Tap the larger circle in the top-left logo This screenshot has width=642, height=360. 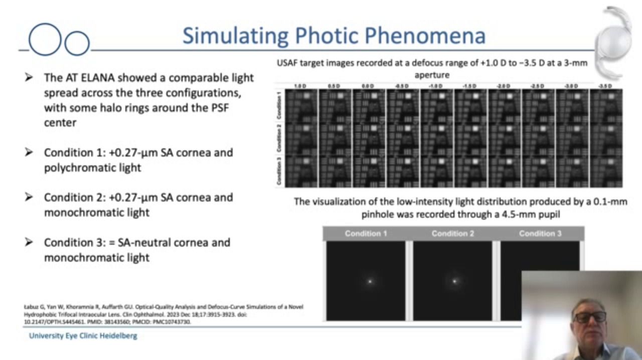coord(45,39)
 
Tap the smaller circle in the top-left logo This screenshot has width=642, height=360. coord(77,43)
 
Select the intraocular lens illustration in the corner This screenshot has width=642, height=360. coord(616,40)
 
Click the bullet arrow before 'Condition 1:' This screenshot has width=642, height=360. coord(29,152)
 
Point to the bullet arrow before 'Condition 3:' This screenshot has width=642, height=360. coord(29,243)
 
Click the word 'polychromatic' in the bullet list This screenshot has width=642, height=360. coord(75,167)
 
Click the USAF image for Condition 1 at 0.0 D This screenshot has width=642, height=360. coord(369,106)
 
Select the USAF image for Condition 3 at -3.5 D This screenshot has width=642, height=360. coord(605,171)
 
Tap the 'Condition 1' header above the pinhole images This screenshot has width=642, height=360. coord(366,234)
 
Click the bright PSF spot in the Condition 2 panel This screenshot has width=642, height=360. coord(454,281)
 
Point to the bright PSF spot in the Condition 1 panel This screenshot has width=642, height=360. coord(370,281)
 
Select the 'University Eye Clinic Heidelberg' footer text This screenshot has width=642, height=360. coord(83,336)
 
